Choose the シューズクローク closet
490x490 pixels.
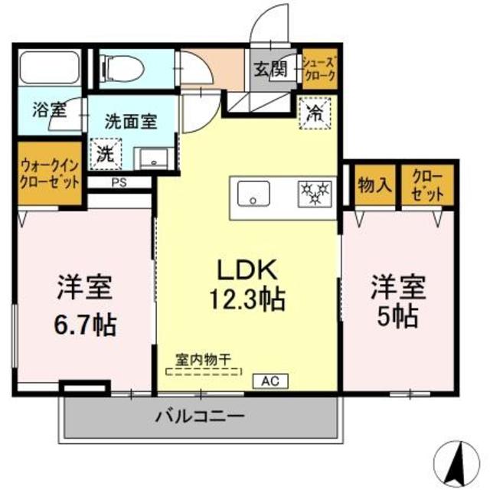point(317,70)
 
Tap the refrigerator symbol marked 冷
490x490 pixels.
point(315,114)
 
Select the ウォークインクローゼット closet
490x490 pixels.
point(48,175)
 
